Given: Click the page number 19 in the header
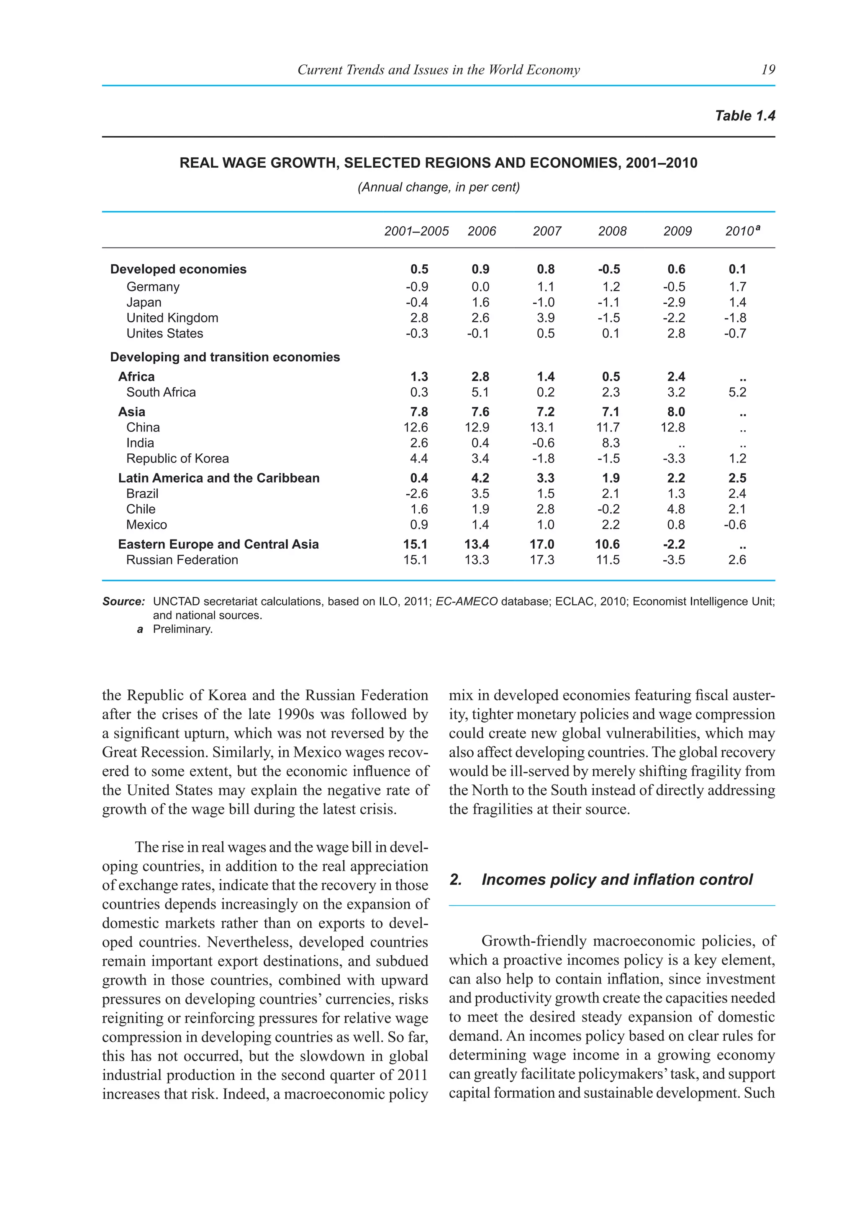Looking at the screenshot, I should click(x=768, y=69).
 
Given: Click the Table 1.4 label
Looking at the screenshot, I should click(x=744, y=116).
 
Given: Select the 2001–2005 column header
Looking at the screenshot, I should click(x=416, y=231).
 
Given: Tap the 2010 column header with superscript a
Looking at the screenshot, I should click(x=742, y=231).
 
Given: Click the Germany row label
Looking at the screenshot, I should click(x=152, y=287).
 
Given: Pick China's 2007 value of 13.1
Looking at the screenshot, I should click(x=542, y=427).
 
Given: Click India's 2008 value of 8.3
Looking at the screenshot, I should click(x=610, y=443).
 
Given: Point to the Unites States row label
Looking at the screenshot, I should click(x=164, y=333).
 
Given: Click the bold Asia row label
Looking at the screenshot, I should click(x=131, y=412).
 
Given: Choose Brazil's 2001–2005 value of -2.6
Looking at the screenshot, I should click(x=416, y=494).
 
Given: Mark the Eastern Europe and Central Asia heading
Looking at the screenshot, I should click(x=218, y=544).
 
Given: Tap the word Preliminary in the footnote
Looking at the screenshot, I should click(x=182, y=629).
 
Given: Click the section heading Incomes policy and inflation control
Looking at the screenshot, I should click(x=616, y=880).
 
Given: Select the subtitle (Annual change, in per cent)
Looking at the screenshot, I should click(x=439, y=187).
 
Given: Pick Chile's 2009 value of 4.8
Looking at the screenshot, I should click(x=676, y=509).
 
